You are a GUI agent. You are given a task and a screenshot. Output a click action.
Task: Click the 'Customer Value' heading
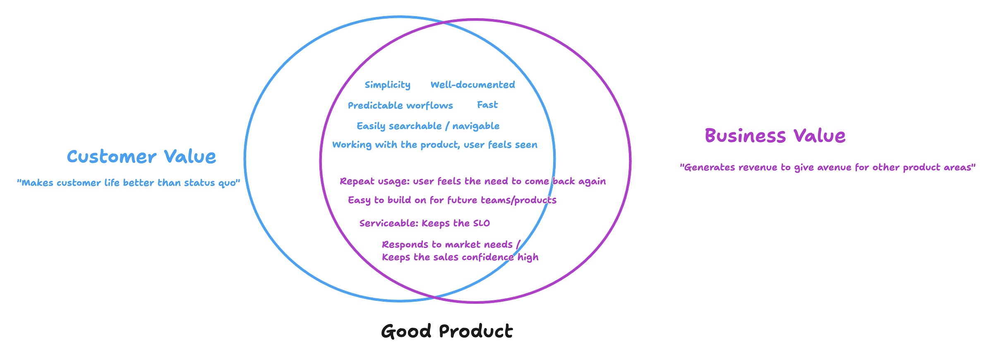[142, 157]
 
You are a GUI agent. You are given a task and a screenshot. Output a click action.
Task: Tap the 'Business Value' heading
[775, 136]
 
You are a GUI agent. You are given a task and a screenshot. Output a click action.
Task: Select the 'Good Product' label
[447, 331]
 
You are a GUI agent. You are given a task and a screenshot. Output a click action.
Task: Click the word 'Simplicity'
[387, 85]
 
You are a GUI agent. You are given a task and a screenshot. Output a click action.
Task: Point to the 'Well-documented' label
[473, 85]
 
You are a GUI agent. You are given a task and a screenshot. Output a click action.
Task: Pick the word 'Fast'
[487, 105]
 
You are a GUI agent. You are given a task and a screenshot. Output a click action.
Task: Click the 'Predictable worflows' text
[400, 106]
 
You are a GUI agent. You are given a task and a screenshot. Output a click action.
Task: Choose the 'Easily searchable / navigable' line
[428, 126]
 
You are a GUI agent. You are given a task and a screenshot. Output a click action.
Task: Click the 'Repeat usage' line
[473, 181]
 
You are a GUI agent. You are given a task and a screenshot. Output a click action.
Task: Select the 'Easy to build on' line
[452, 200]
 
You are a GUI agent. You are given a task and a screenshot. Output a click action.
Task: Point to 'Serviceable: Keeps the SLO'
[425, 223]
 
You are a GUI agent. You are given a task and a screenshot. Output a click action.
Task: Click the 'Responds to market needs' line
[450, 245]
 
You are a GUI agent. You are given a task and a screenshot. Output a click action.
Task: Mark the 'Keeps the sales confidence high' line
[460, 257]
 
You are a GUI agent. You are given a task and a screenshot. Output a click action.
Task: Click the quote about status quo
[128, 183]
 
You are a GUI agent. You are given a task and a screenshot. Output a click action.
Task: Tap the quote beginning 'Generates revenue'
[827, 168]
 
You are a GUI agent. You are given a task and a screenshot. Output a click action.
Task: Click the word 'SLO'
[482, 223]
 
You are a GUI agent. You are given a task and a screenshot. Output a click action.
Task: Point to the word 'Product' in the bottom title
[476, 331]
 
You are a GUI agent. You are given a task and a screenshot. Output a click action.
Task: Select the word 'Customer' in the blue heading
[112, 157]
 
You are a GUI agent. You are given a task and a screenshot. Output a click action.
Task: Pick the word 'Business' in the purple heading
[745, 136]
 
